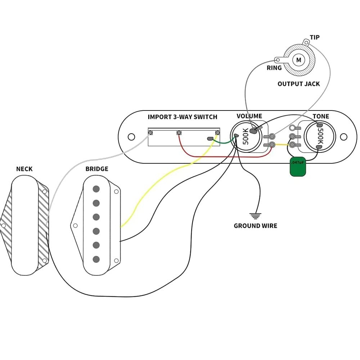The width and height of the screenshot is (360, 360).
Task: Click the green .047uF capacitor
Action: pos(298,167)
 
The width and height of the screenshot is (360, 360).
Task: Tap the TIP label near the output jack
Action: pos(314,37)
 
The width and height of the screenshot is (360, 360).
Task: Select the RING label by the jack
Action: pos(274,68)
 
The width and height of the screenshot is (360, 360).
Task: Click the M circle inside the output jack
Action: pos(298,60)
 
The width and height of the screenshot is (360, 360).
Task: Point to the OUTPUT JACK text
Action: pos(298,84)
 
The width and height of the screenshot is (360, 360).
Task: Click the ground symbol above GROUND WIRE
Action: pos(255,216)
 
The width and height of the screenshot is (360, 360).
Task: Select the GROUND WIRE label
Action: pos(255,226)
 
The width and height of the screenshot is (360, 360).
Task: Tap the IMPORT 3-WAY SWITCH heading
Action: pos(183,117)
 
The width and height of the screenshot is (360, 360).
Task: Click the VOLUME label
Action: pos(249,116)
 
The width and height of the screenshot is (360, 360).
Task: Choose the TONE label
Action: pos(320,116)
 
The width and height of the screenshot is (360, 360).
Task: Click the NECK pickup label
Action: pos(24,169)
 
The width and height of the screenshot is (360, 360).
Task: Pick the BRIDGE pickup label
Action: pos(96,169)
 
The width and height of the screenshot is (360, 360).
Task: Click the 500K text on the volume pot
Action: pos(246,136)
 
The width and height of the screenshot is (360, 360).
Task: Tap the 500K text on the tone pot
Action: pos(320,136)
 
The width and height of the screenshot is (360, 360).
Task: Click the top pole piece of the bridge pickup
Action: pos(96,189)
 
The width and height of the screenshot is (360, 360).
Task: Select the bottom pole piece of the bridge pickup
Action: pos(96,259)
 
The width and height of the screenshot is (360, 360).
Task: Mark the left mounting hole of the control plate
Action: pos(131,137)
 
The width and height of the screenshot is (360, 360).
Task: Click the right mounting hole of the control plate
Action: pos(344,137)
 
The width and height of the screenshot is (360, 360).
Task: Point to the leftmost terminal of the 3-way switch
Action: pos(150,132)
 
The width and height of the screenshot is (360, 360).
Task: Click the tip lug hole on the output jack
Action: pos(306,43)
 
